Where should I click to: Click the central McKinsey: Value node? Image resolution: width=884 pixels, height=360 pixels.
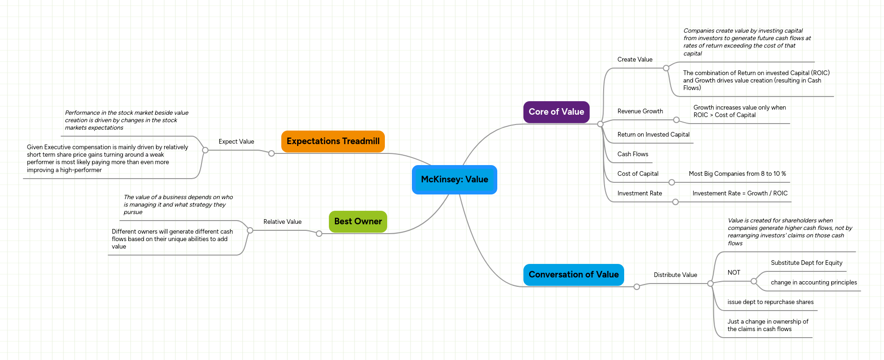454,180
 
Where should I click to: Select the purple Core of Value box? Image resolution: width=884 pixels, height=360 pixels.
556,112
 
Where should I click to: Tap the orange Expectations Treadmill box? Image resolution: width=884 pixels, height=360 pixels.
333,141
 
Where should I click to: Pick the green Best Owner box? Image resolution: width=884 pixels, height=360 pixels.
358,222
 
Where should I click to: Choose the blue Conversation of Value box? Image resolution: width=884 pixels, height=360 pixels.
573,275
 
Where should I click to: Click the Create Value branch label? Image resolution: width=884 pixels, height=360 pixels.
634,60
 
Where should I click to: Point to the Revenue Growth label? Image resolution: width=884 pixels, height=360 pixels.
640,111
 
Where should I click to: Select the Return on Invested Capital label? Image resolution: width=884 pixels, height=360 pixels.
653,135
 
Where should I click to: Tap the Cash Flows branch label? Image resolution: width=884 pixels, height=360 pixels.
633,154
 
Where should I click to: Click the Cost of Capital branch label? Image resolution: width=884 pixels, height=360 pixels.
638,174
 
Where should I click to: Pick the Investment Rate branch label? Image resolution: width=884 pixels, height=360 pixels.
640,194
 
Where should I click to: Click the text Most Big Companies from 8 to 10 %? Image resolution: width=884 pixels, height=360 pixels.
737,174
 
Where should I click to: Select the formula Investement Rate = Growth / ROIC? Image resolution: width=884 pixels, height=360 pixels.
740,194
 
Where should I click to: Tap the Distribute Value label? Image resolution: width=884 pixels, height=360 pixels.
675,275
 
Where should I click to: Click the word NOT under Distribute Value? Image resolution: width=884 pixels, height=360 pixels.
734,273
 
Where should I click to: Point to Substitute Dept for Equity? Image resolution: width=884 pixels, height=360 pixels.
807,263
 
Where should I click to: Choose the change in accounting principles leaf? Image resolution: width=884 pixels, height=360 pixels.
814,283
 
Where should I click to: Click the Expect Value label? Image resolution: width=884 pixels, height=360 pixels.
236,142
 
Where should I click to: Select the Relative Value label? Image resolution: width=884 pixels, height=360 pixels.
282,222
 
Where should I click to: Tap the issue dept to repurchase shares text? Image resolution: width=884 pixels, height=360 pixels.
770,302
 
